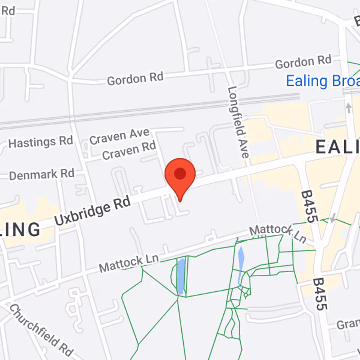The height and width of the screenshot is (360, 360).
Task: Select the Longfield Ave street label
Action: (238, 121)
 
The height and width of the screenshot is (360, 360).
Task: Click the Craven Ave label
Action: (119, 136)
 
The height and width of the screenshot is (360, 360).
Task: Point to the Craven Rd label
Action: (129, 151)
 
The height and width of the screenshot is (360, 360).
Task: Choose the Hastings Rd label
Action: (40, 143)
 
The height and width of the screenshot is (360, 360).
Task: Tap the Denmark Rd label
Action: (41, 174)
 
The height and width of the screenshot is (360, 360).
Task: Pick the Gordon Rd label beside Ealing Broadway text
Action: (303, 62)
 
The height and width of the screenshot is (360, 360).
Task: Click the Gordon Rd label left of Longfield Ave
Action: (135, 79)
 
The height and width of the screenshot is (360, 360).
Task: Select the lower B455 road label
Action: (320, 294)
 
